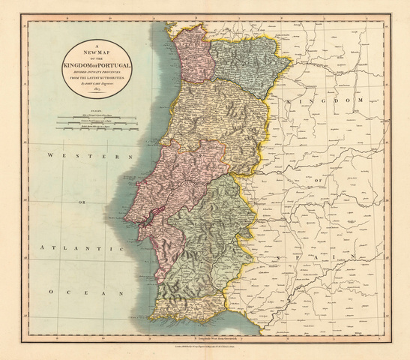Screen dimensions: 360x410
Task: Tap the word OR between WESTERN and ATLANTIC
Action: (x=76, y=200)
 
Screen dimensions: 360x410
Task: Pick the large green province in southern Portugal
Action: (x=206, y=232)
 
